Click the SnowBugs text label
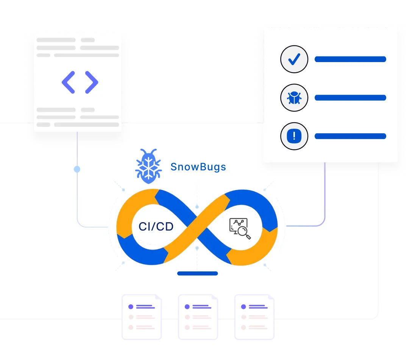(x=198, y=167)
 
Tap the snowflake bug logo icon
(x=149, y=167)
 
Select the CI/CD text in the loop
(x=156, y=227)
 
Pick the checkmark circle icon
(x=294, y=59)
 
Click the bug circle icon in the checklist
(x=294, y=98)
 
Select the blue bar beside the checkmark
(x=350, y=59)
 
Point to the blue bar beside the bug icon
(x=350, y=98)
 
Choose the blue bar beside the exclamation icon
(x=350, y=136)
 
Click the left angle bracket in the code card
(x=69, y=82)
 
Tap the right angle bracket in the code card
(x=92, y=82)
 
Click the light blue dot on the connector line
(x=77, y=169)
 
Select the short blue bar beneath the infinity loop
(x=197, y=273)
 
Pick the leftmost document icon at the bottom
(x=141, y=317)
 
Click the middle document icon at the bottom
(x=198, y=317)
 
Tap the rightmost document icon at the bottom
(x=254, y=317)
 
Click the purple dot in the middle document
(x=187, y=307)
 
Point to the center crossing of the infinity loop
(x=197, y=227)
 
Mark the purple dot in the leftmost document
(x=131, y=307)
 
